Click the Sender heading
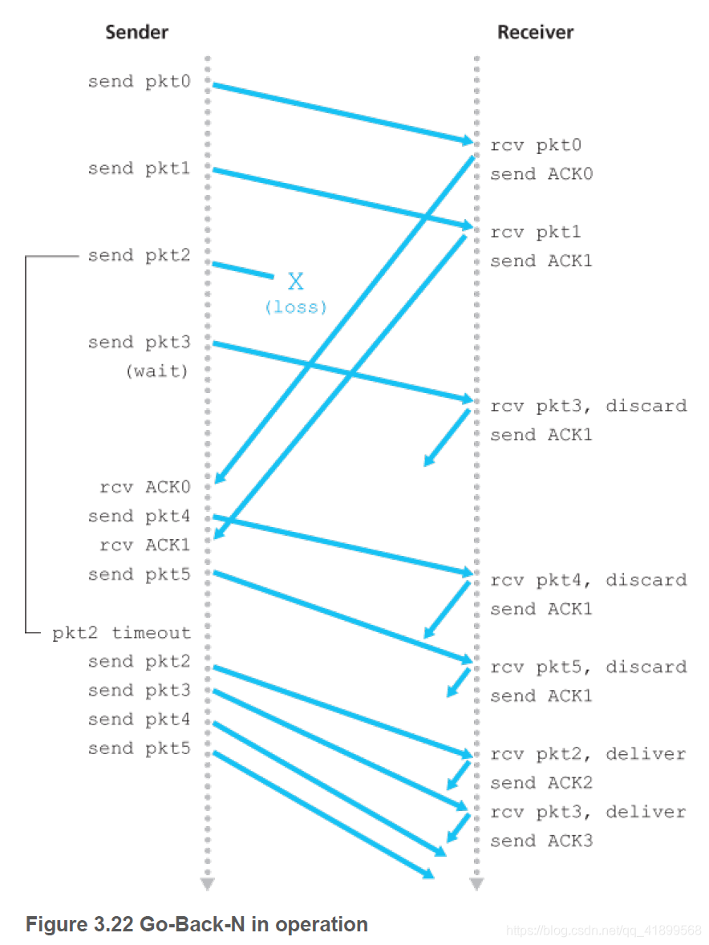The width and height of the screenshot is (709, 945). [x=137, y=33]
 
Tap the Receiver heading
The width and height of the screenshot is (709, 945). [x=536, y=33]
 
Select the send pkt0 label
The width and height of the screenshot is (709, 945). [x=140, y=81]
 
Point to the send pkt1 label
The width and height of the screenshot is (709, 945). [x=140, y=168]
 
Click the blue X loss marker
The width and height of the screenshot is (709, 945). [x=296, y=281]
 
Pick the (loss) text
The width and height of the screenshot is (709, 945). [x=296, y=306]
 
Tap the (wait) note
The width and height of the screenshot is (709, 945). [x=157, y=371]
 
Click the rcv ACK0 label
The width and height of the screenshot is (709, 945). [x=145, y=487]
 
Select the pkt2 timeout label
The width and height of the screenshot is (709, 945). [x=122, y=633]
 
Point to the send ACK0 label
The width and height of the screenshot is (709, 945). [x=541, y=174]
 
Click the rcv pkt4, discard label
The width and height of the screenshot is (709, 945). [x=589, y=580]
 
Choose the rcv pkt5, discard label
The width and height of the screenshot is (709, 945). [x=589, y=667]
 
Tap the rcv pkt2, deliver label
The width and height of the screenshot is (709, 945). [x=589, y=754]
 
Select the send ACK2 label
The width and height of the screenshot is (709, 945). [x=541, y=783]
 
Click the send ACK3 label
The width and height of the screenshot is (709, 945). [x=541, y=841]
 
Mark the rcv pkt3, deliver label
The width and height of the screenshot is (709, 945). [x=589, y=812]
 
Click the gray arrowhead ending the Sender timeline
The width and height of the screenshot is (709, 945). [x=208, y=884]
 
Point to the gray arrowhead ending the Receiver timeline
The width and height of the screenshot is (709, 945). [x=476, y=884]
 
